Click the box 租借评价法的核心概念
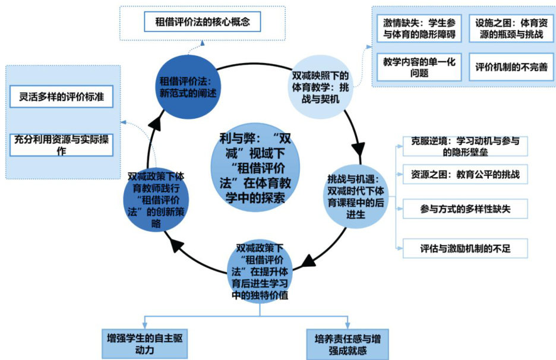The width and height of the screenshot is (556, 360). pyautogui.click(x=203, y=23)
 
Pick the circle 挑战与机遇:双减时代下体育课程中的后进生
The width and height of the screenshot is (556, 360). pyautogui.click(x=356, y=196)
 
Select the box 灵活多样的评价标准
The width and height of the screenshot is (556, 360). pyautogui.click(x=62, y=96)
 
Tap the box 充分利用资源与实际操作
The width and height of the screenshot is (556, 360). pyautogui.click(x=62, y=146)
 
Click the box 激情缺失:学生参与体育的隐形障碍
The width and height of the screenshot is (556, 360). pyautogui.click(x=419, y=29)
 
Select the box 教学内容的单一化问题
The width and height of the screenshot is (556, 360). pyautogui.click(x=419, y=67)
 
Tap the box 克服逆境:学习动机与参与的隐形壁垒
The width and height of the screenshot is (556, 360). pyautogui.click(x=465, y=146)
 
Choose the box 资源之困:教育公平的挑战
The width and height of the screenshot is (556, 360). pyautogui.click(x=465, y=176)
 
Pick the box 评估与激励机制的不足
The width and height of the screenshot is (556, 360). pyautogui.click(x=465, y=248)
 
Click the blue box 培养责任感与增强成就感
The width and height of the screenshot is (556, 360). pyautogui.click(x=347, y=344)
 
